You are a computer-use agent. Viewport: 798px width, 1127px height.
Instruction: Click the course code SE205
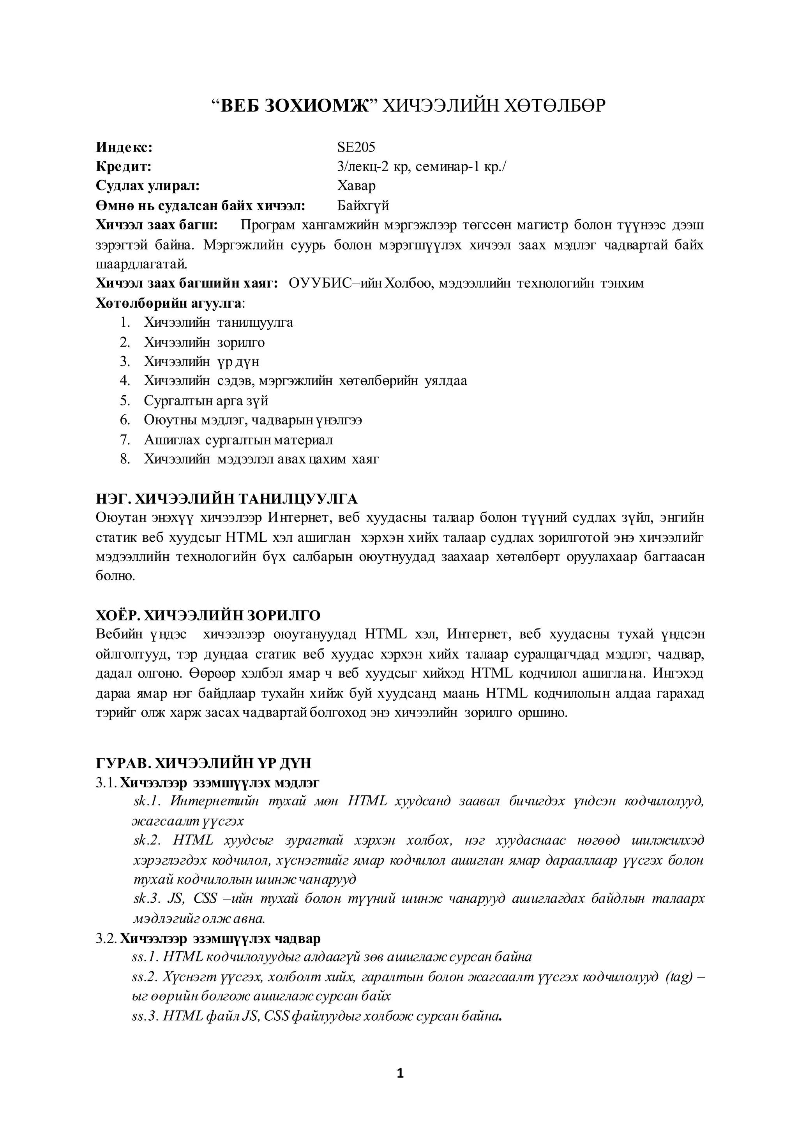pos(356,147)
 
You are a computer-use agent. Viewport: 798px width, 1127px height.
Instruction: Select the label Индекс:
pos(124,147)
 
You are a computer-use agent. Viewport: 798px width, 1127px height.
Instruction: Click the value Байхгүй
pos(363,205)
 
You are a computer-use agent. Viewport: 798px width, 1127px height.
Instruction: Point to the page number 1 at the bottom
pos(399,1074)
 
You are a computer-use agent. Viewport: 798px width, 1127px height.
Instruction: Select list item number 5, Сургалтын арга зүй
pos(206,401)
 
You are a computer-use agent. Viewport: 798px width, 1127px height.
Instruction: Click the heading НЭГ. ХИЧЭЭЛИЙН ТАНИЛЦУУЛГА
pos(226,499)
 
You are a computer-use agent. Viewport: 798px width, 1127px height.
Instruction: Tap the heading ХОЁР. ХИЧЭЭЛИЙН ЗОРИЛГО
pos(208,615)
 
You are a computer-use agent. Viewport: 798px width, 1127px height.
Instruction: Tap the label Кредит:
pos(124,166)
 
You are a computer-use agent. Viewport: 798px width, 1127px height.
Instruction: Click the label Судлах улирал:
pos(147,186)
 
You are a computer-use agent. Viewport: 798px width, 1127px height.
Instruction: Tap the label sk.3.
pos(147,899)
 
